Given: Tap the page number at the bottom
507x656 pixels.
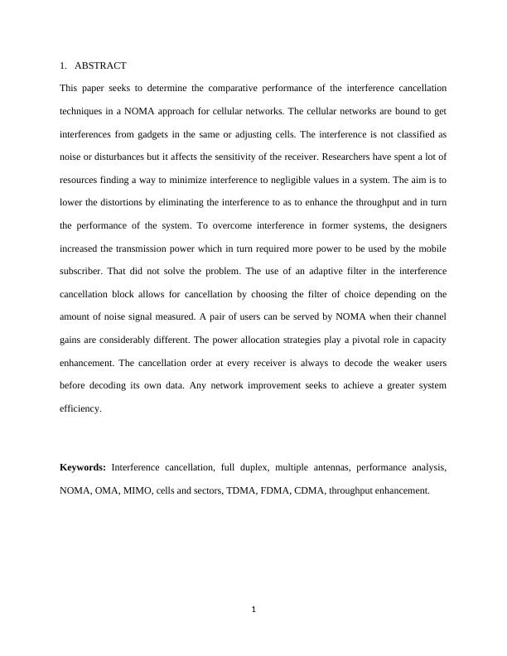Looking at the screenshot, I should (254, 610).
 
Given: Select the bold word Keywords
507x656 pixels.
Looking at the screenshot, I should (83, 468).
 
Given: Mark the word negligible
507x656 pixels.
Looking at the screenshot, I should (279, 179).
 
